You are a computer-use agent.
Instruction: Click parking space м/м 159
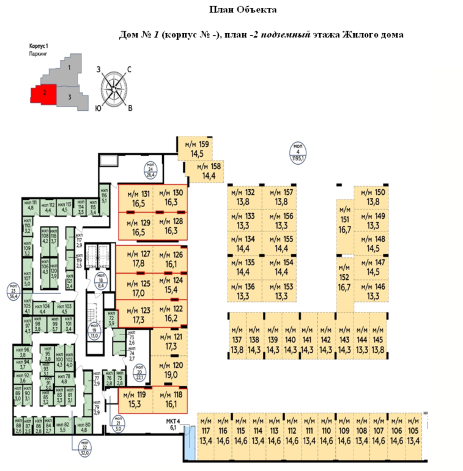pyautogui.click(x=198, y=149)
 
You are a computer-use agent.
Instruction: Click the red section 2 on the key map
pyautogui.click(x=43, y=94)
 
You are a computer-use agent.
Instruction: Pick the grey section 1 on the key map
pyautogui.click(x=70, y=68)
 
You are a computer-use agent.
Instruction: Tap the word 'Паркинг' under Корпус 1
pyautogui.click(x=37, y=54)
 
